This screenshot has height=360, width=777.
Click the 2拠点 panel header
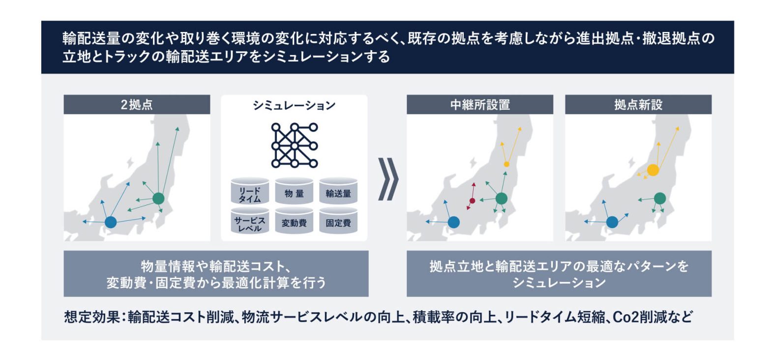click(x=137, y=104)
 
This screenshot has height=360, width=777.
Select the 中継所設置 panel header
click(x=480, y=104)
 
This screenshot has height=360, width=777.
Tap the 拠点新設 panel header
click(x=638, y=104)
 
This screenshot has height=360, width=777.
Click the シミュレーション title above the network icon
click(x=294, y=105)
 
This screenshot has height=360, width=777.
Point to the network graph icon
click(x=295, y=145)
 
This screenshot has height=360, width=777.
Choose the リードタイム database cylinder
click(x=250, y=191)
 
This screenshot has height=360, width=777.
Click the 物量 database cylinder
click(x=294, y=191)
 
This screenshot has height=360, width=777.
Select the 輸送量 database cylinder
click(x=338, y=191)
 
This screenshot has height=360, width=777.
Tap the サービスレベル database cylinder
click(x=250, y=221)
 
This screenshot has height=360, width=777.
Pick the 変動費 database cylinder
click(x=294, y=221)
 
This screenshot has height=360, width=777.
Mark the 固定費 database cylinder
click(x=338, y=221)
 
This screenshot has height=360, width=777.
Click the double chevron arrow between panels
click(x=388, y=180)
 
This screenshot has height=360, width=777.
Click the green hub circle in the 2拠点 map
click(x=158, y=198)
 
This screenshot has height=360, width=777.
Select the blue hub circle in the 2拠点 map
click(x=111, y=222)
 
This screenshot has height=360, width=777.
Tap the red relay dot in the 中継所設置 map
click(x=472, y=201)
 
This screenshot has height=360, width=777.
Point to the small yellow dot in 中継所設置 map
click(x=507, y=164)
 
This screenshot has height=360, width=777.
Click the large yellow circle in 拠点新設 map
click(x=653, y=170)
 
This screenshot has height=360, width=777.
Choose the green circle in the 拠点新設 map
click(x=660, y=198)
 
